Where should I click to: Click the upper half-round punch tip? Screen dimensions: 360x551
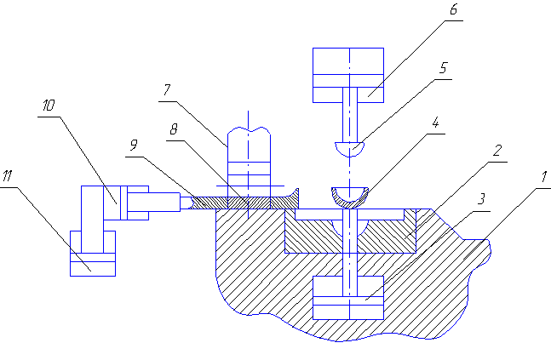pos(350,149)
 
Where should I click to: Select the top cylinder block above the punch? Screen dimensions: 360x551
pos(350,73)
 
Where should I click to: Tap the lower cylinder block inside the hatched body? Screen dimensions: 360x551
pos(349,296)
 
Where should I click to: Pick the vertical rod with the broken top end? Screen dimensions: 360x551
pos(248,157)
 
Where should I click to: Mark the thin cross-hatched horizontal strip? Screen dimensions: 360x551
pos(238,202)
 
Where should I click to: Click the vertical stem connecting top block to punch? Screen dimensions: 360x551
pos(350,119)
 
